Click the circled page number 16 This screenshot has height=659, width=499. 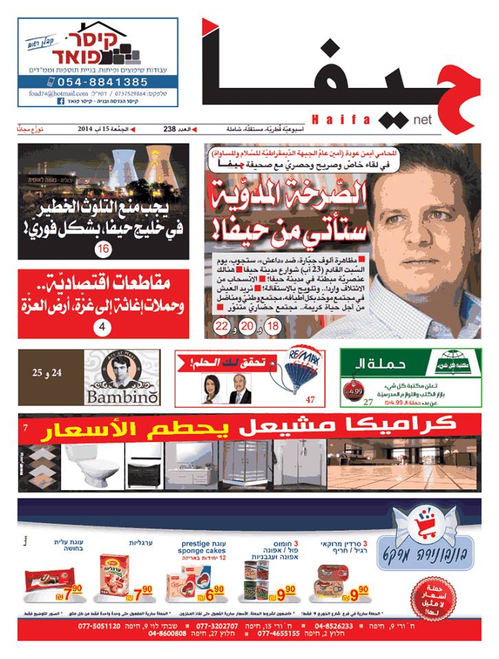[103, 248]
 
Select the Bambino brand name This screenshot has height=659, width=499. [122, 397]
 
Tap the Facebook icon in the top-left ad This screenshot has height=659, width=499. [60, 101]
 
